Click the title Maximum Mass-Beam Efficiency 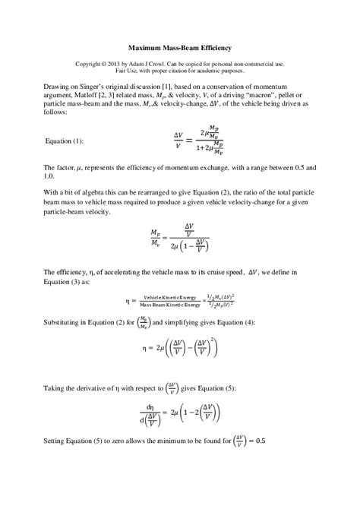coord(180,46)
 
